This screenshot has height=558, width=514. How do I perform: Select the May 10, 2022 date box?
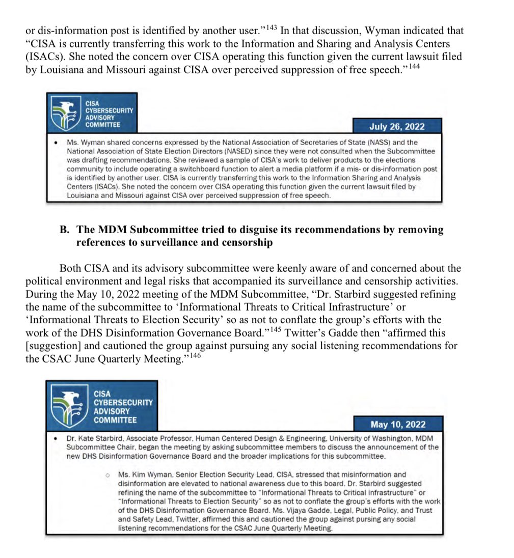pos(397,424)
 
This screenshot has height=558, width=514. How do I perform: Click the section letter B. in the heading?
pos(65,230)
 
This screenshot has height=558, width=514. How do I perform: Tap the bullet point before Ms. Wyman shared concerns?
pos(56,143)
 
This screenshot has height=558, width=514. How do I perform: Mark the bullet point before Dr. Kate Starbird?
pos(55,438)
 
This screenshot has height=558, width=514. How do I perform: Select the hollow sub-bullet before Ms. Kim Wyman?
pos(107,475)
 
